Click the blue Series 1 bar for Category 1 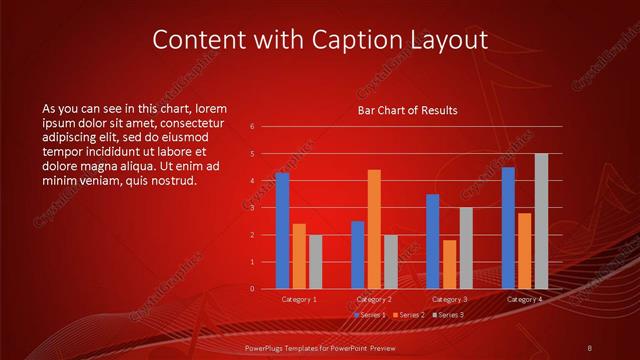[282, 230]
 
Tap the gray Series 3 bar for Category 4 [541, 221]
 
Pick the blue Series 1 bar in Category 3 [432, 241]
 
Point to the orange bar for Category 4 [525, 251]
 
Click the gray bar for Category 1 [315, 261]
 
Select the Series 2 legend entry [409, 315]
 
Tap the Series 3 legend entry [448, 315]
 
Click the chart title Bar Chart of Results [407, 111]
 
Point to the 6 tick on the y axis [252, 127]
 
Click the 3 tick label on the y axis [252, 208]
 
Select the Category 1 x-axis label [299, 299]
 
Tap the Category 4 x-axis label [525, 299]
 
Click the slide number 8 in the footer [590, 346]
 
